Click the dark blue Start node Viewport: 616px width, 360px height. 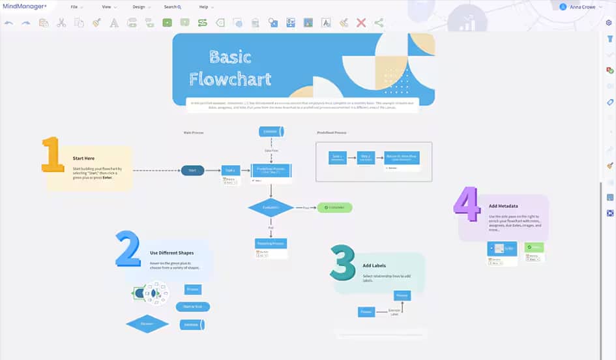click(192, 170)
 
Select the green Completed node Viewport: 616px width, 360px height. click(334, 207)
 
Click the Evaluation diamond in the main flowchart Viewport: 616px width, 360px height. click(271, 207)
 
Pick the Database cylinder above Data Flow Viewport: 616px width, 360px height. click(271, 132)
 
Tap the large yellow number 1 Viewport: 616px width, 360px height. click(51, 155)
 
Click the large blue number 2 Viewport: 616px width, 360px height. click(128, 248)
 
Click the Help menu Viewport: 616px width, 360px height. click(205, 7)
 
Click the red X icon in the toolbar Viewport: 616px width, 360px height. click(361, 23)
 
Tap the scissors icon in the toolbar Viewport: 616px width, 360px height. click(61, 23)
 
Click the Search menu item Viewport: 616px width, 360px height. click(172, 7)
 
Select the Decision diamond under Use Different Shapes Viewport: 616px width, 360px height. click(147, 323)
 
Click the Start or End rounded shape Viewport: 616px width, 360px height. click(192, 307)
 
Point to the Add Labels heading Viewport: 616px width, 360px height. click(375, 266)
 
